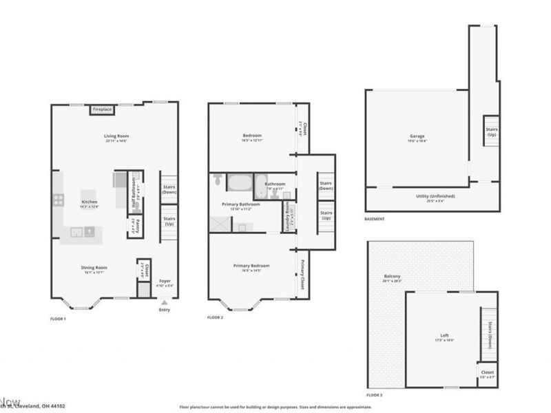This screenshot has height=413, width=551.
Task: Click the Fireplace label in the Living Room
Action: click(103, 109)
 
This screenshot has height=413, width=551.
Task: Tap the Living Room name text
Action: click(117, 136)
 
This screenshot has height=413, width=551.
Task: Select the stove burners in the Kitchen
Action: click(58, 200)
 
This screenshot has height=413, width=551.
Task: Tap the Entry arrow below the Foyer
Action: click(164, 301)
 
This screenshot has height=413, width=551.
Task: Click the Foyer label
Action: click(166, 281)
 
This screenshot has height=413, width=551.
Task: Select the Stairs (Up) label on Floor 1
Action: click(169, 222)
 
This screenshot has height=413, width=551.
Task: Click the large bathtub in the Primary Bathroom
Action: click(240, 184)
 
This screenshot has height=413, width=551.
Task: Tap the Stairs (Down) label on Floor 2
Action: click(326, 186)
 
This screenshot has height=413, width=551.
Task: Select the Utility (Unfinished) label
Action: click(435, 196)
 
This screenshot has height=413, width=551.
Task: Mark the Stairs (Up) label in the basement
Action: click(491, 131)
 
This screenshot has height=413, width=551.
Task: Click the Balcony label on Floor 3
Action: click(392, 277)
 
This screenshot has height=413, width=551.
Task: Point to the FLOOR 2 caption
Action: click(216, 318)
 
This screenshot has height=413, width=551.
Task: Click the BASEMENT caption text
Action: click(375, 219)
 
